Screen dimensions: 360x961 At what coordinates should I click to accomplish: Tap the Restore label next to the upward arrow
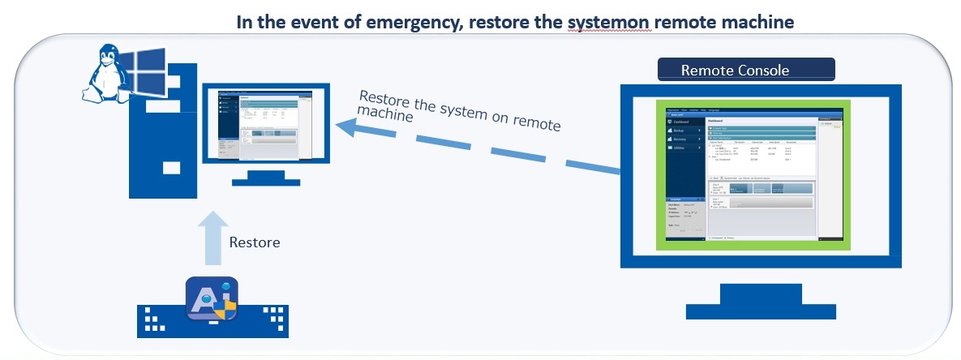255,242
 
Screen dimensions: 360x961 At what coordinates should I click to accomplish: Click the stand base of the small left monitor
266,182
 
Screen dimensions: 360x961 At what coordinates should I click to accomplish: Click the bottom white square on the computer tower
170,169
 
